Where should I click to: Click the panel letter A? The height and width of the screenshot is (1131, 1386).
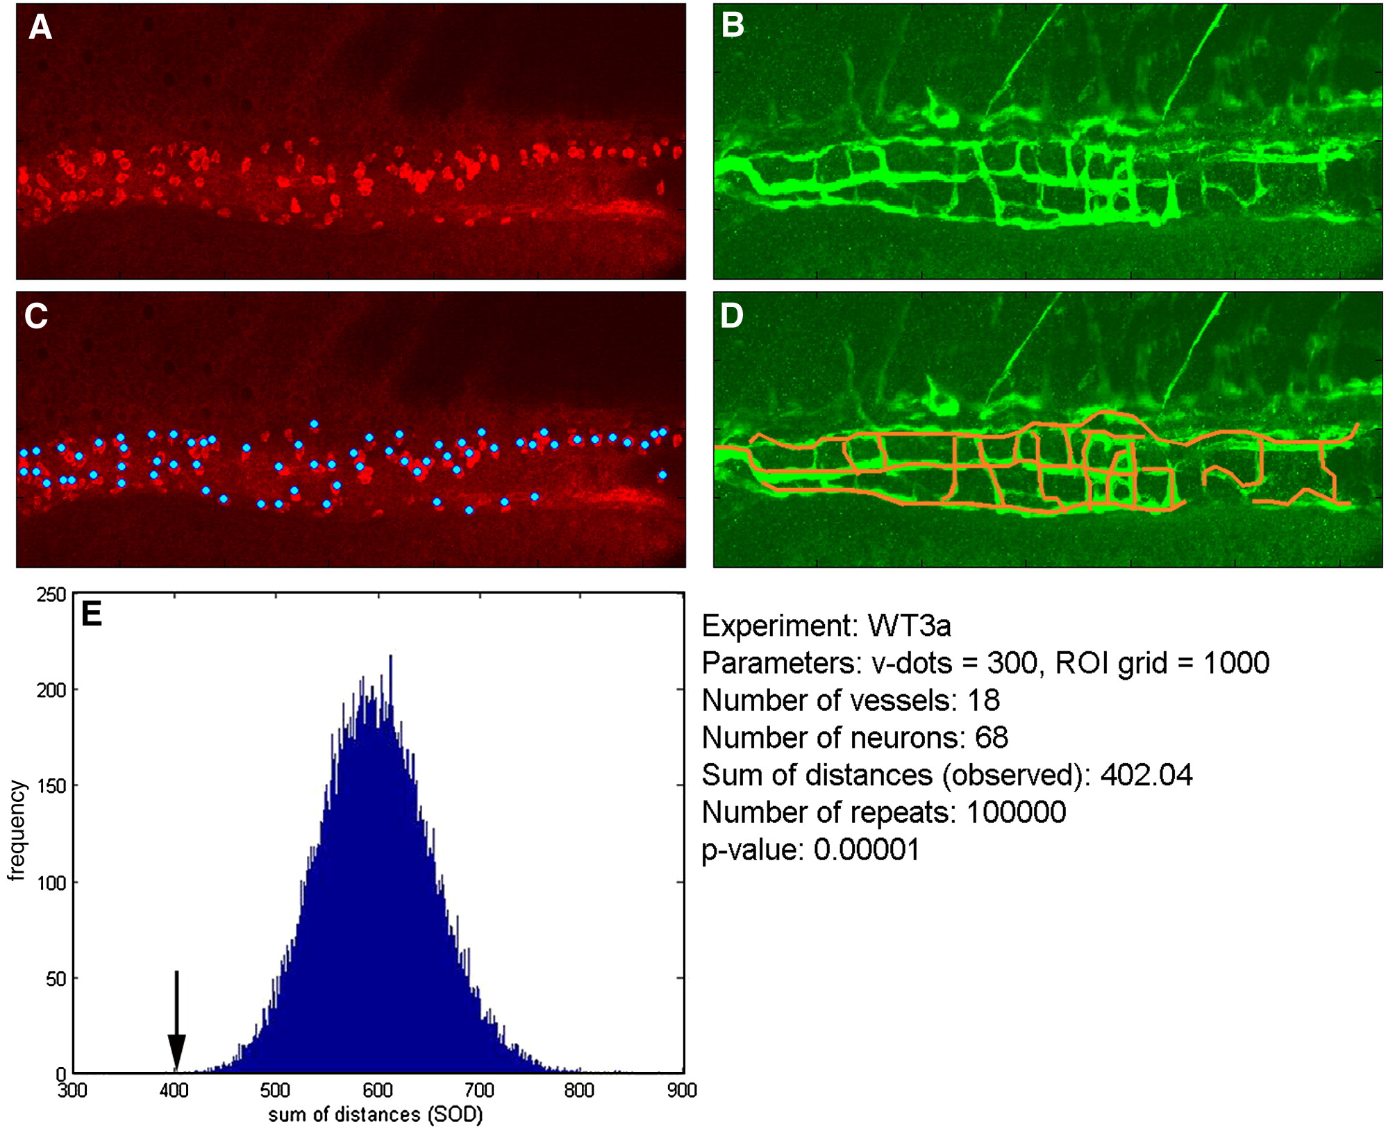[40, 28]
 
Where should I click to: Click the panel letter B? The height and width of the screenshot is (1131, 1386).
[733, 26]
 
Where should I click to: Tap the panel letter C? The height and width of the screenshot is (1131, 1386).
[36, 317]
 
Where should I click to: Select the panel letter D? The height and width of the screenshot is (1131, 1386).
[732, 316]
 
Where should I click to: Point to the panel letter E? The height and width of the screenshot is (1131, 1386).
[92, 614]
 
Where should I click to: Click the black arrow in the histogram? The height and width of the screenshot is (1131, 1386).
[176, 1021]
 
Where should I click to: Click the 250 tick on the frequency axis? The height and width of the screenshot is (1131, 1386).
[51, 595]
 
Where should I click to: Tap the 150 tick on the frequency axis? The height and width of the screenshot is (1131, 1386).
[51, 786]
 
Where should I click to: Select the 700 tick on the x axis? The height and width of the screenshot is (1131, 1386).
[478, 1091]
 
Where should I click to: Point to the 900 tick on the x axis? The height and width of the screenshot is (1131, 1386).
[681, 1091]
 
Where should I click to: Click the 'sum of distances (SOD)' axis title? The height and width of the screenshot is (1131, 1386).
[375, 1115]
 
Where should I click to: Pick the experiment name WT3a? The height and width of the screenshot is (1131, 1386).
[909, 626]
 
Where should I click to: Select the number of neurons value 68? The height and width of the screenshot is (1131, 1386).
[991, 738]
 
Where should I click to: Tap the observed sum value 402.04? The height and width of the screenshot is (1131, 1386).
[1146, 776]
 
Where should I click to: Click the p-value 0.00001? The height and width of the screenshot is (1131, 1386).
[867, 850]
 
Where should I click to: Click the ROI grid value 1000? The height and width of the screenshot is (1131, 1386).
[1236, 663]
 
